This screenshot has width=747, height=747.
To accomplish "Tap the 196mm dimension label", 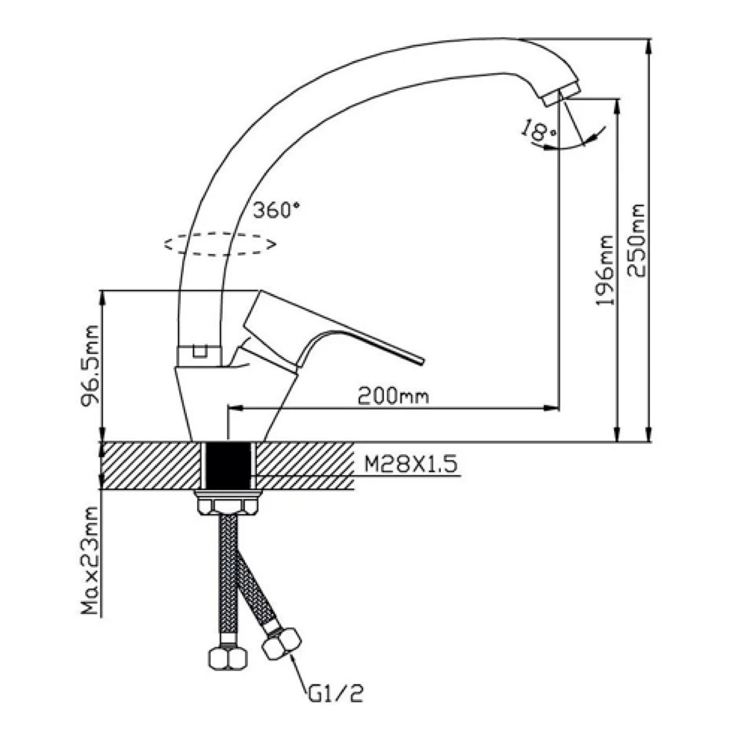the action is tap(605, 270).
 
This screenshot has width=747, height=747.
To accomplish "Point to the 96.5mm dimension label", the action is tap(89, 366).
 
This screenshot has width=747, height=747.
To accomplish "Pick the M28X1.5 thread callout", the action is tap(411, 464).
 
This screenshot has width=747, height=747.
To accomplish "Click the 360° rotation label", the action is tap(277, 211).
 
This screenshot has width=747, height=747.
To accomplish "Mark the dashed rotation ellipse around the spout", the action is tap(220, 244).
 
